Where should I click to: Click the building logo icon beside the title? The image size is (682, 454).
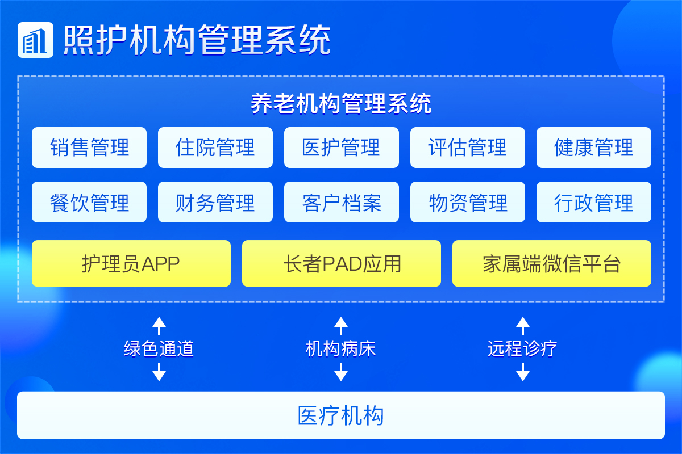pyautogui.click(x=35, y=40)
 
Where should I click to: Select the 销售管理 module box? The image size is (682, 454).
pyautogui.click(x=89, y=148)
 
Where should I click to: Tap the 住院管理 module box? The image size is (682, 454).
pyautogui.click(x=215, y=148)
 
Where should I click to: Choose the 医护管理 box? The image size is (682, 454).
pyautogui.click(x=342, y=148)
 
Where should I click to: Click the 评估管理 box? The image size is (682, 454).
pyautogui.click(x=468, y=148)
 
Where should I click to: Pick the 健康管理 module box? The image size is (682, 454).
pyautogui.click(x=594, y=148)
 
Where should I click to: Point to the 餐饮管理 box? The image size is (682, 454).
pyautogui.click(x=89, y=202)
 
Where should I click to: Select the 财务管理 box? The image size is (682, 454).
pyautogui.click(x=215, y=202)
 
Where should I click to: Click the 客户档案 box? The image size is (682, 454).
pyautogui.click(x=342, y=202)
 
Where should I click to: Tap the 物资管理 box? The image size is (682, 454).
pyautogui.click(x=468, y=202)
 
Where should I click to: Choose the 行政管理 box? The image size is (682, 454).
pyautogui.click(x=594, y=202)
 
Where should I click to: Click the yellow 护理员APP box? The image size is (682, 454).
pyautogui.click(x=131, y=263)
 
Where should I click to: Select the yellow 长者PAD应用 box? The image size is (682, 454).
pyautogui.click(x=342, y=263)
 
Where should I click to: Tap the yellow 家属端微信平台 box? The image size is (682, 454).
pyautogui.click(x=552, y=263)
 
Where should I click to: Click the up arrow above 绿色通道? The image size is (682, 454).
pyautogui.click(x=159, y=326)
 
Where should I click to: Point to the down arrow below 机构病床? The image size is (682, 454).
pyautogui.click(x=341, y=372)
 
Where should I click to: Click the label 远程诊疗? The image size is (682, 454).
pyautogui.click(x=522, y=348)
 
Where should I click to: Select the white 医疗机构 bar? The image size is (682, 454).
pyautogui.click(x=341, y=415)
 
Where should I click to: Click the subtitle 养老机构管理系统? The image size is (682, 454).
pyautogui.click(x=341, y=103)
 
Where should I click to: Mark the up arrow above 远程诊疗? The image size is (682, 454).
pyautogui.click(x=523, y=326)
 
